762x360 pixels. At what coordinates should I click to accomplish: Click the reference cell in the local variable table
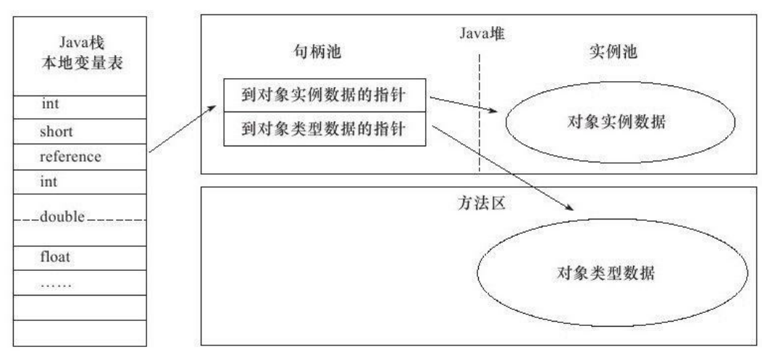[71, 156]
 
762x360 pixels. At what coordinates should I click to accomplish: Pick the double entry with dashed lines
[64, 217]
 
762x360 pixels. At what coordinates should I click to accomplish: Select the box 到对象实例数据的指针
[323, 96]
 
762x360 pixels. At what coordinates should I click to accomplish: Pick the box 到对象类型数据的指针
[323, 129]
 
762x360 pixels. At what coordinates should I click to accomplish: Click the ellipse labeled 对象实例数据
[615, 121]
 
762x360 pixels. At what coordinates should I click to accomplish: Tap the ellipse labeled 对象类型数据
[603, 275]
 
